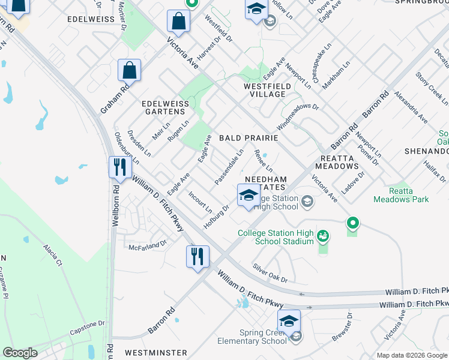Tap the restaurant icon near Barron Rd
point(197,256)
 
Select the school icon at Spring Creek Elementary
point(289,320)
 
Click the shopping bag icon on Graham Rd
point(129,70)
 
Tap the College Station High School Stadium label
point(276,237)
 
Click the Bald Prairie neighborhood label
point(248,138)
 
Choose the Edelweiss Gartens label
point(163,107)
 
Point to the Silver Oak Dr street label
point(270,272)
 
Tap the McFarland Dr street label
point(147,245)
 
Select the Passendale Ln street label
point(229,166)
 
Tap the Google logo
point(20,353)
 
